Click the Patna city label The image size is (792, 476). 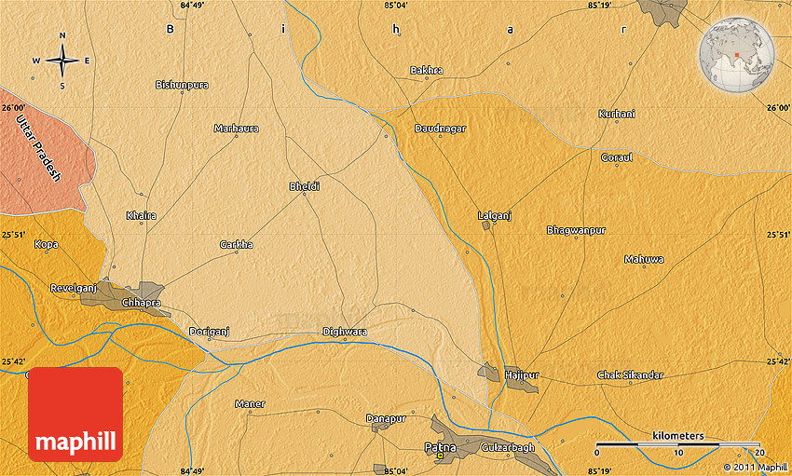(441, 448)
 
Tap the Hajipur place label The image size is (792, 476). (522, 375)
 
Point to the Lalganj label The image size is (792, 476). (495, 215)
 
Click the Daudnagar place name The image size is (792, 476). (440, 129)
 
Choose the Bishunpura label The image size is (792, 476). (182, 85)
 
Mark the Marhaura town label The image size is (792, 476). (237, 129)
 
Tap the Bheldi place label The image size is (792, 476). (305, 186)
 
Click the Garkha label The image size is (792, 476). (236, 245)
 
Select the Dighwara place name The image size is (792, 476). (345, 332)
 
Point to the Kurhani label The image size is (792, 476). (617, 114)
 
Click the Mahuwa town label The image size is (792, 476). (644, 259)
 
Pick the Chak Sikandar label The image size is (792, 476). (630, 375)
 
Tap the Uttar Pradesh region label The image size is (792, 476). (38, 147)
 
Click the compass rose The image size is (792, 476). (62, 61)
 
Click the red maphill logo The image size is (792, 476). (76, 415)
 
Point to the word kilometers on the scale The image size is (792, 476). (678, 436)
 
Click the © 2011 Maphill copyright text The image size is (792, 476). (755, 467)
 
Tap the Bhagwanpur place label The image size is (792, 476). (576, 229)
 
